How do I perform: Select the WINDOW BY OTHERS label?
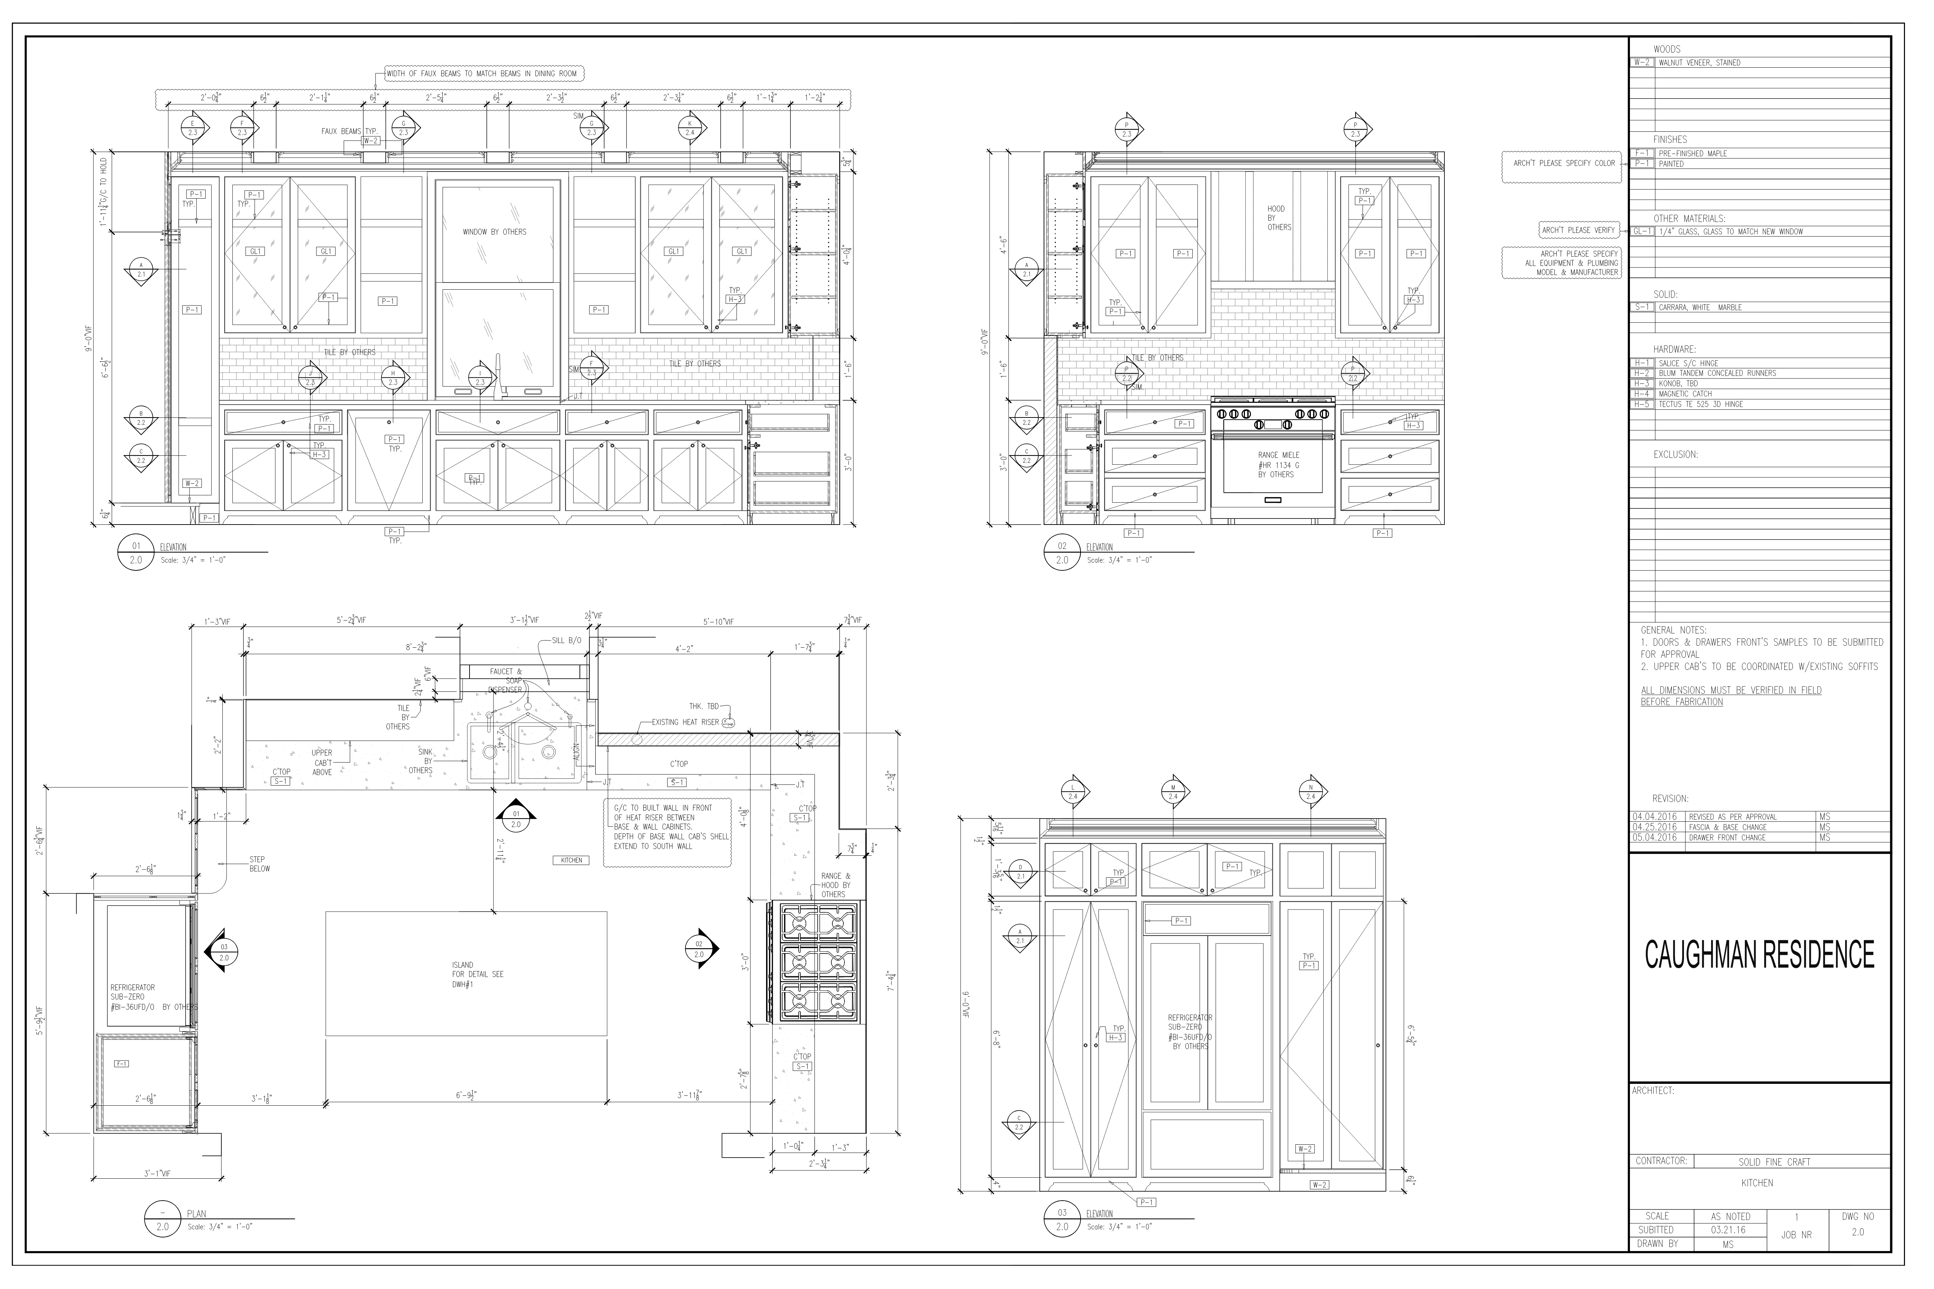pos(494,232)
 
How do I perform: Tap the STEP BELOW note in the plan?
pos(259,864)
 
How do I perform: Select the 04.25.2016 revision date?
pos(1654,827)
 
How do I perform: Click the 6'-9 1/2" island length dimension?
pos(466,1095)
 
